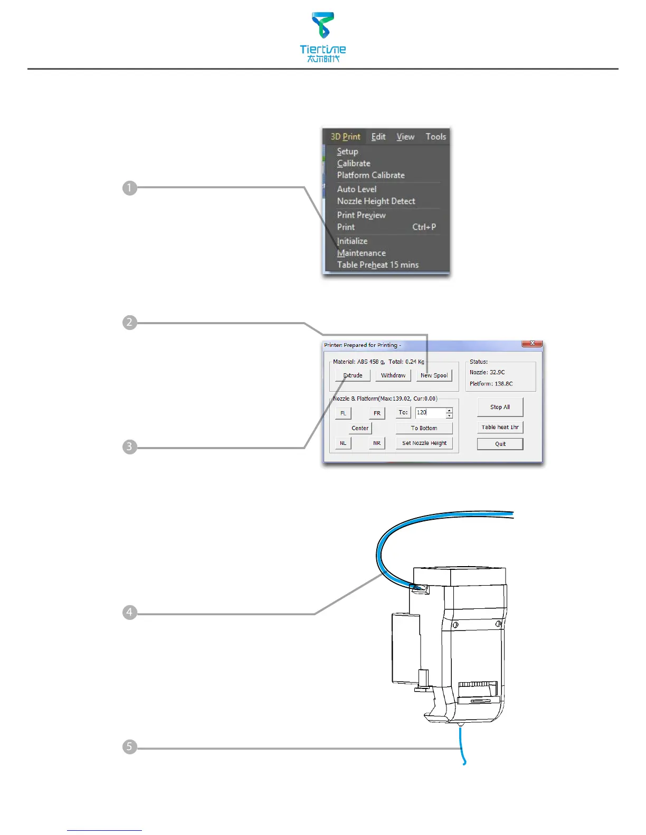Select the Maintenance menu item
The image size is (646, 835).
click(362, 253)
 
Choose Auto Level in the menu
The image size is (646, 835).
click(357, 189)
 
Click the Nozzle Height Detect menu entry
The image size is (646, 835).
click(376, 201)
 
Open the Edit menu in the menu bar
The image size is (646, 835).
click(378, 137)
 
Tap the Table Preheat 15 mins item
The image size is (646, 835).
click(378, 265)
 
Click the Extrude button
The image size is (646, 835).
click(353, 376)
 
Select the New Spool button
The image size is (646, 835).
click(434, 376)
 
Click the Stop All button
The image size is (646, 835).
click(500, 407)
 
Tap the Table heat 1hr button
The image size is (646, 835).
click(500, 428)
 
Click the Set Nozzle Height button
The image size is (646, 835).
click(424, 443)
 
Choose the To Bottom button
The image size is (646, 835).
click(424, 429)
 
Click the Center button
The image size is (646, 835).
click(360, 429)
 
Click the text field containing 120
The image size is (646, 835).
click(430, 413)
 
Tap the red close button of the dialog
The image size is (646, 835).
click(532, 343)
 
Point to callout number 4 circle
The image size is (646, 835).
click(129, 613)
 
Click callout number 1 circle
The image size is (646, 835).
click(129, 188)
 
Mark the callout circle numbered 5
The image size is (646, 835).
click(129, 747)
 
